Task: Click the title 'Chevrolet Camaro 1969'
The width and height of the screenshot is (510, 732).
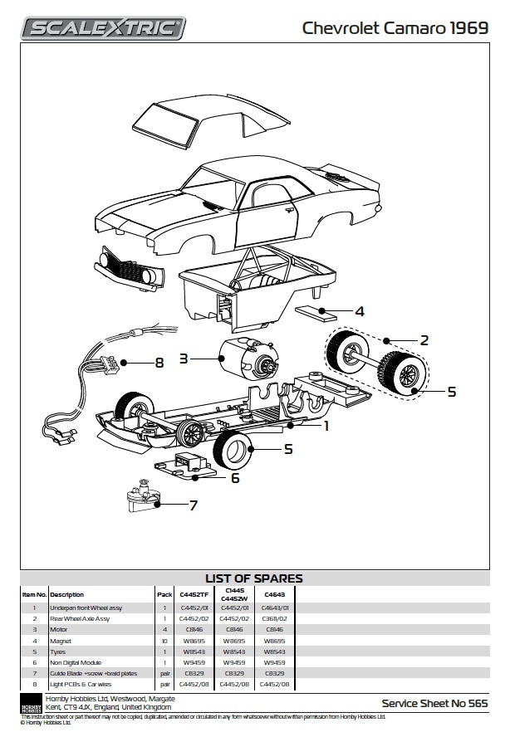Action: [x=395, y=29]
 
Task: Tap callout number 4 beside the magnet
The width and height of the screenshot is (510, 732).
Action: [x=359, y=312]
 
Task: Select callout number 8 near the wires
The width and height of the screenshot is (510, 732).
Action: [x=159, y=363]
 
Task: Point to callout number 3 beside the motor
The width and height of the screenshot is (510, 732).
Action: [x=184, y=359]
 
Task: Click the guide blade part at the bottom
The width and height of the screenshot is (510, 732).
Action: [x=143, y=497]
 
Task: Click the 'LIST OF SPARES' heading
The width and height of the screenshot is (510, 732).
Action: [x=254, y=578]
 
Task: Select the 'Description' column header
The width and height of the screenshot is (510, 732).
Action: [x=67, y=595]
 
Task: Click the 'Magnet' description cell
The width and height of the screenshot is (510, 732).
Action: [x=60, y=641]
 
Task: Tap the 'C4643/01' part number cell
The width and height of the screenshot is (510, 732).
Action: [x=275, y=608]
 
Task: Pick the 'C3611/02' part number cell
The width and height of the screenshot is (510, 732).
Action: [x=275, y=619]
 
